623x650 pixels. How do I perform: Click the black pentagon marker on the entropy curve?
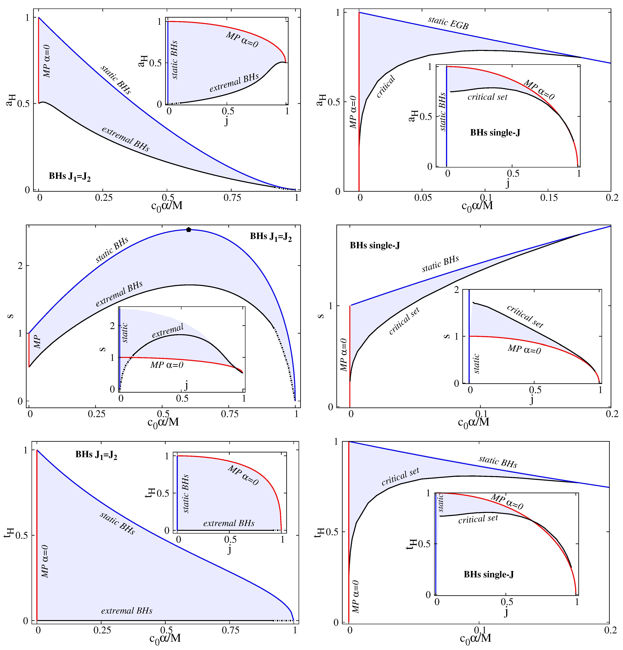tap(188, 229)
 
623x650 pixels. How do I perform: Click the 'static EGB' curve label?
tap(448, 23)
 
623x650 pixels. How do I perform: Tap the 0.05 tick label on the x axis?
tap(423, 198)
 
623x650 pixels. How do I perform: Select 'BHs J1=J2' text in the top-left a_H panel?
tap(70, 176)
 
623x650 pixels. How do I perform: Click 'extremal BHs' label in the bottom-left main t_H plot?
tap(127, 610)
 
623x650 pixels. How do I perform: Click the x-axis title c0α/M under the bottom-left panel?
tap(165, 638)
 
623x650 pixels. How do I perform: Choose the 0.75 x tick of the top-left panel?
tap(232, 198)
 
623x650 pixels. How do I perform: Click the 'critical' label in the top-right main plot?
tap(386, 87)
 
